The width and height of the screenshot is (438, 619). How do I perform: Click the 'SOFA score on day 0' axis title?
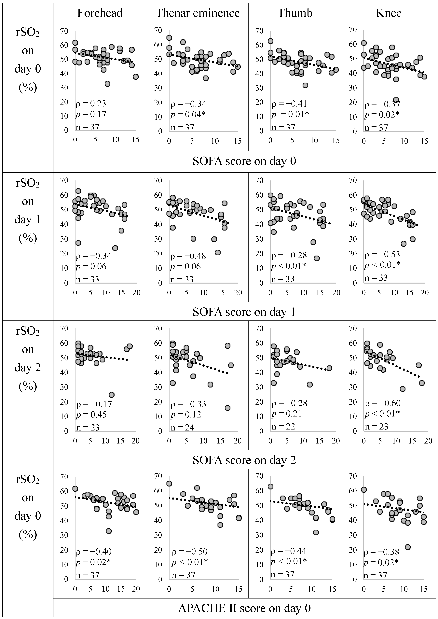click(x=244, y=161)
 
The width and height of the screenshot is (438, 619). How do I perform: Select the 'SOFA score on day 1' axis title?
click(x=244, y=312)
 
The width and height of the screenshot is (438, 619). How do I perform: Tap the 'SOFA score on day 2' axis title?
click(x=244, y=460)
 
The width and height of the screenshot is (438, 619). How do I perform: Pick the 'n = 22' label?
click(x=283, y=426)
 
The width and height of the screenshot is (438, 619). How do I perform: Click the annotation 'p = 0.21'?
click(x=286, y=414)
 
